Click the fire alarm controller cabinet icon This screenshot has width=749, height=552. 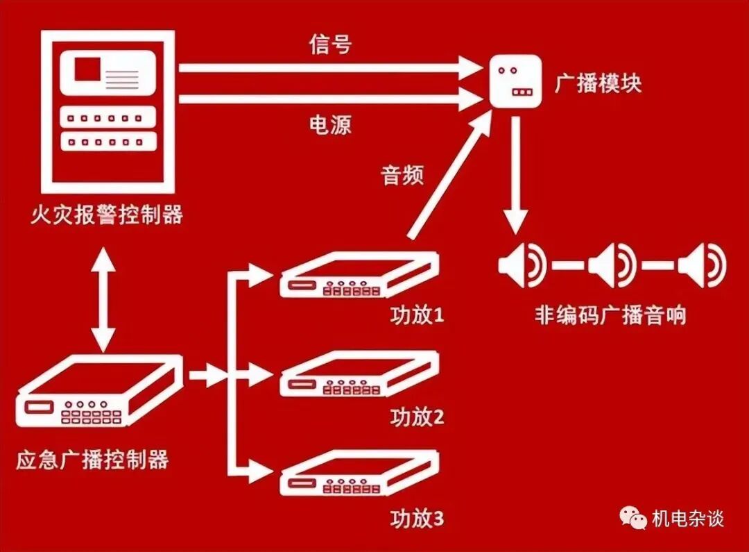(108, 111)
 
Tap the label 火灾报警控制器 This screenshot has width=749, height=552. (107, 215)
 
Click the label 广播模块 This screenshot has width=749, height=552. (598, 83)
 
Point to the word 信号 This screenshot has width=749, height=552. (330, 44)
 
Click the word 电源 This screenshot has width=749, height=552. (330, 125)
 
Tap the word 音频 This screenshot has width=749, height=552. (402, 175)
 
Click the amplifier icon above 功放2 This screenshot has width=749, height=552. (359, 375)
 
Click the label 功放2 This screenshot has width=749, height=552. (416, 417)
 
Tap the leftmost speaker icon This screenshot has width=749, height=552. (522, 265)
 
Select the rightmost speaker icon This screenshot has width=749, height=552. (702, 265)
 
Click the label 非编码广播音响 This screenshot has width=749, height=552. (610, 315)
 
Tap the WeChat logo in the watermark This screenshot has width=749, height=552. (632, 517)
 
